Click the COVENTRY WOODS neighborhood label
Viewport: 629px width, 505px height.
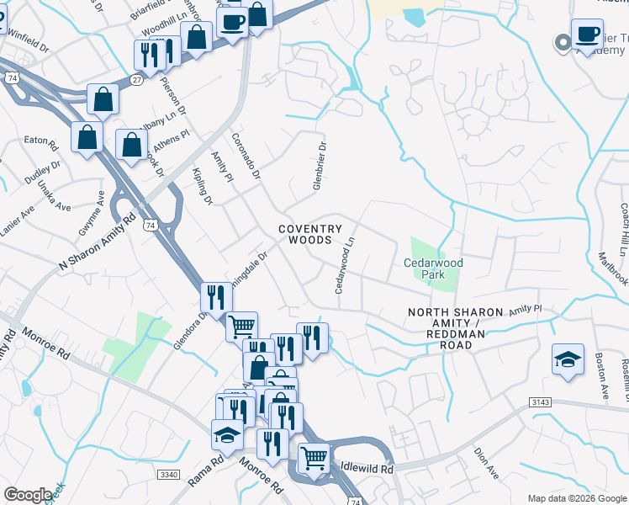point(309,234)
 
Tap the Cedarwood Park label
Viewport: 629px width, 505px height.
point(434,268)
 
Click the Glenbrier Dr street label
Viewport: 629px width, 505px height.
point(320,166)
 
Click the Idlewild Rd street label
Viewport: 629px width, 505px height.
point(367,467)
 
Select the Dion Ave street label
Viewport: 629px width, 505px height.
point(486,464)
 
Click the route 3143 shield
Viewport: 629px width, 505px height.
point(542,403)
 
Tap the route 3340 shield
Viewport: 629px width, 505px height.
point(169,475)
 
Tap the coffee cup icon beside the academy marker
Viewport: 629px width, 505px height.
point(587,35)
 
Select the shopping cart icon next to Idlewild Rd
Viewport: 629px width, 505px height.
point(314,458)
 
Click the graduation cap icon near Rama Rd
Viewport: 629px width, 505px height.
point(227,434)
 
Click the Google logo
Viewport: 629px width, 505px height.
point(29,495)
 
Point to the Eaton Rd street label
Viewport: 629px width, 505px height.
point(40,140)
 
